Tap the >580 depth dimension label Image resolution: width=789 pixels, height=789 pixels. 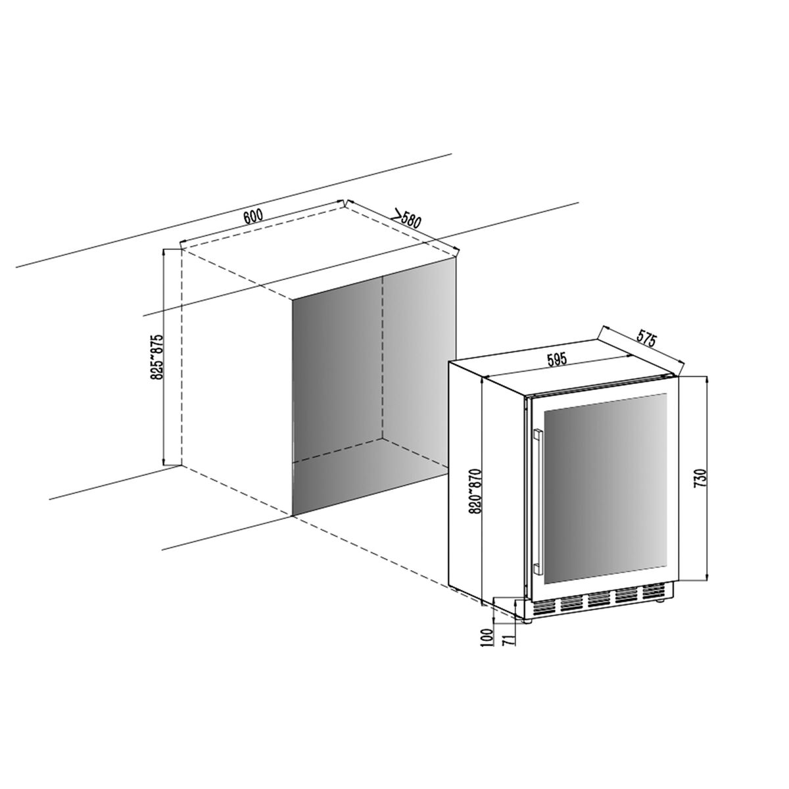point(406,220)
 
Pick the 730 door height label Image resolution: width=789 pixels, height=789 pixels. point(700,477)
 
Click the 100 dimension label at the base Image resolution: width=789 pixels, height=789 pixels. point(487,649)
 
